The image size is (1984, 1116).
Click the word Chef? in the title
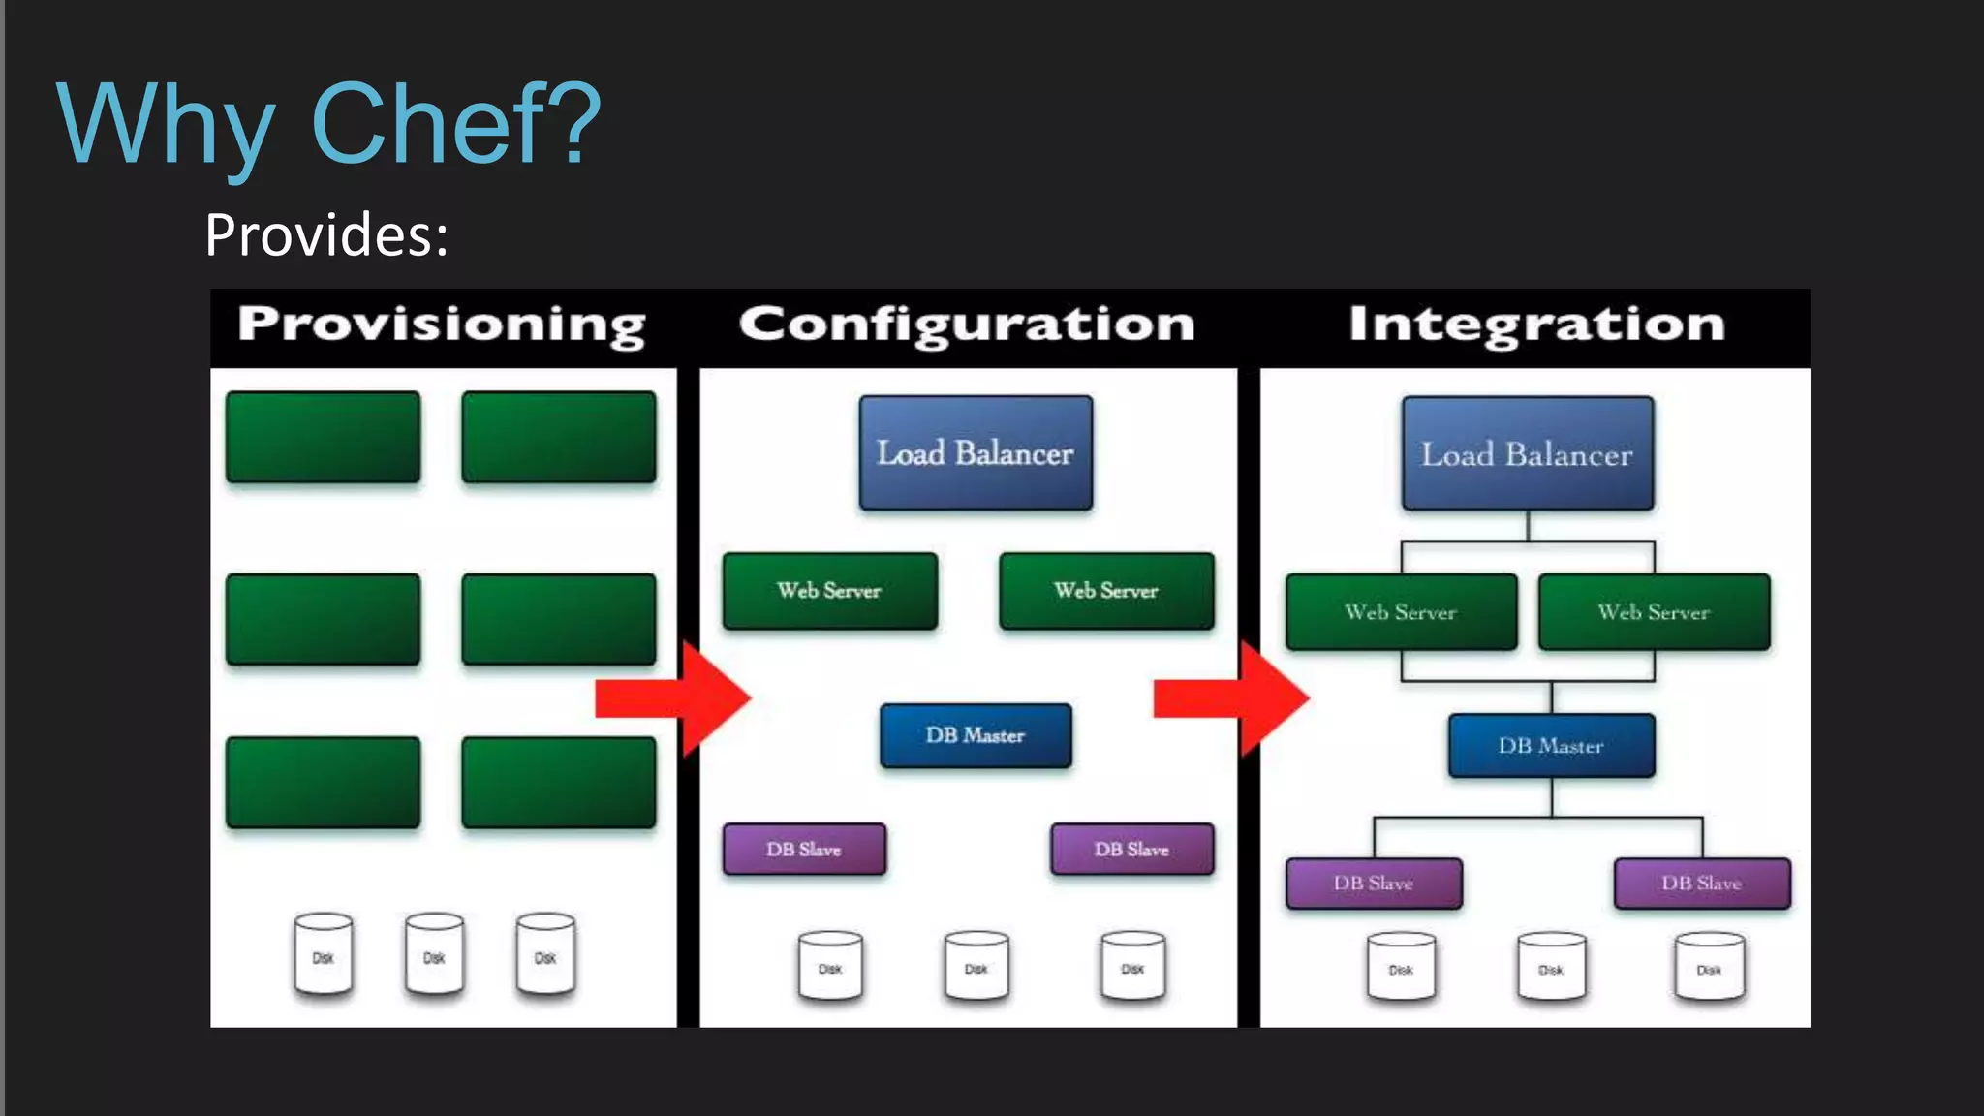pos(455,124)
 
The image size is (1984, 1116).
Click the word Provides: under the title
pos(326,235)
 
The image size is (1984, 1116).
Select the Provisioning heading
pos(442,325)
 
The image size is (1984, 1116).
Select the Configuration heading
pos(967,325)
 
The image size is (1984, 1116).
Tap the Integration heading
pos(1537,325)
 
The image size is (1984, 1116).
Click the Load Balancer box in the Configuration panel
pos(976,452)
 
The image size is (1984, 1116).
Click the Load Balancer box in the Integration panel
pos(1528,453)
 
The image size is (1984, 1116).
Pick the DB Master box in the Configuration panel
pos(976,735)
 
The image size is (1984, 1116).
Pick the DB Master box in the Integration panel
pos(1551,745)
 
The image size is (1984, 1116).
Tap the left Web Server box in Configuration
pos(829,591)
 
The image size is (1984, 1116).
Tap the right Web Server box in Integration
pos(1654,612)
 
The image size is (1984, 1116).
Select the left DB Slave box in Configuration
pos(804,850)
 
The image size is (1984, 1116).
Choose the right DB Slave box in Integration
pos(1702,883)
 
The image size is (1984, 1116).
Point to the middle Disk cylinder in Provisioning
pos(434,954)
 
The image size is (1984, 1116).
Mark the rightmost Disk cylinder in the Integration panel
pos(1709,966)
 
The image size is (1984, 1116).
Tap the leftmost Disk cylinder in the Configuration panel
pos(830,965)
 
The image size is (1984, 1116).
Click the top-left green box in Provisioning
pos(323,437)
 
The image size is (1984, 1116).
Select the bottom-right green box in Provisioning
pos(559,782)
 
